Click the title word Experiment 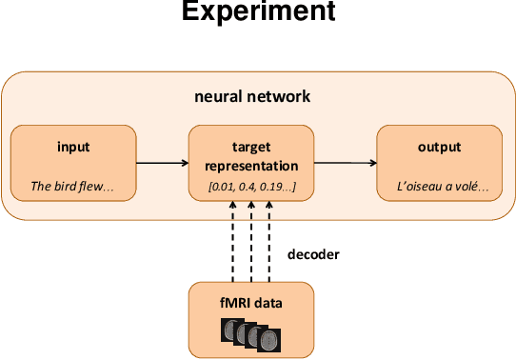(258, 12)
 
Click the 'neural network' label (251, 97)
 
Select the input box (72, 165)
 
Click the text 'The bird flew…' (72, 188)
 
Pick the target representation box (251, 165)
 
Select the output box (439, 165)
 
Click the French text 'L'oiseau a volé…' (439, 188)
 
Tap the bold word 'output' (439, 148)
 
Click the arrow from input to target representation (161, 163)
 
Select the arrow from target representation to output (345, 163)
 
